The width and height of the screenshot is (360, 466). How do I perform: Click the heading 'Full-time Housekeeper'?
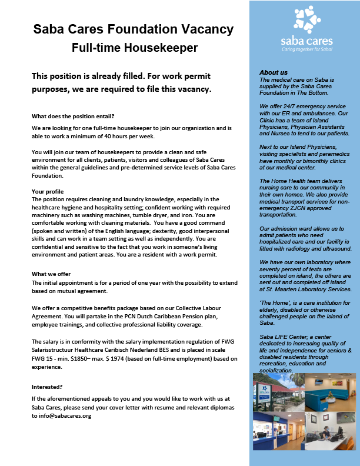tap(134, 48)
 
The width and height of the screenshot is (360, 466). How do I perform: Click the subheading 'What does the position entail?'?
tap(73, 115)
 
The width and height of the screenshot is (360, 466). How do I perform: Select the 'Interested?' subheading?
tap(48, 387)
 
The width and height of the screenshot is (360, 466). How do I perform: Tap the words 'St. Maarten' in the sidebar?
tap(284, 290)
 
